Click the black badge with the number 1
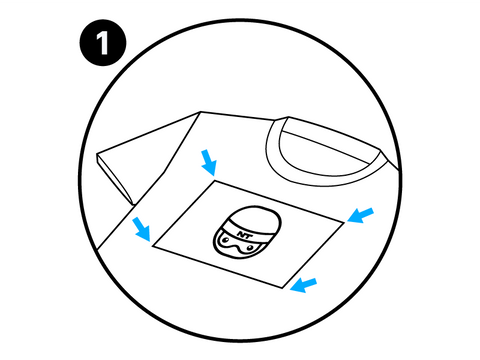point(103,42)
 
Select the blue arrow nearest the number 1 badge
point(209,162)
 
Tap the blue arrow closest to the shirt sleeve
point(142,228)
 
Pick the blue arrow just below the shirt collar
point(360,215)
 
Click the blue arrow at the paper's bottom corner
point(303,285)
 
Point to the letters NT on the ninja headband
point(244,234)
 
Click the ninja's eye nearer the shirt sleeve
point(226,240)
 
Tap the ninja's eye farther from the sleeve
point(249,248)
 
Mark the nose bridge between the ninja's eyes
point(237,246)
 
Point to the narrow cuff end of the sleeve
point(115,180)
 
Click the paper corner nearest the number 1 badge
point(214,181)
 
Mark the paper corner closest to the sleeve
point(152,246)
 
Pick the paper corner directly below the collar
point(343,222)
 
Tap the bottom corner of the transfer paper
point(283,288)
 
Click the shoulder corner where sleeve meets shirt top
point(200,112)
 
